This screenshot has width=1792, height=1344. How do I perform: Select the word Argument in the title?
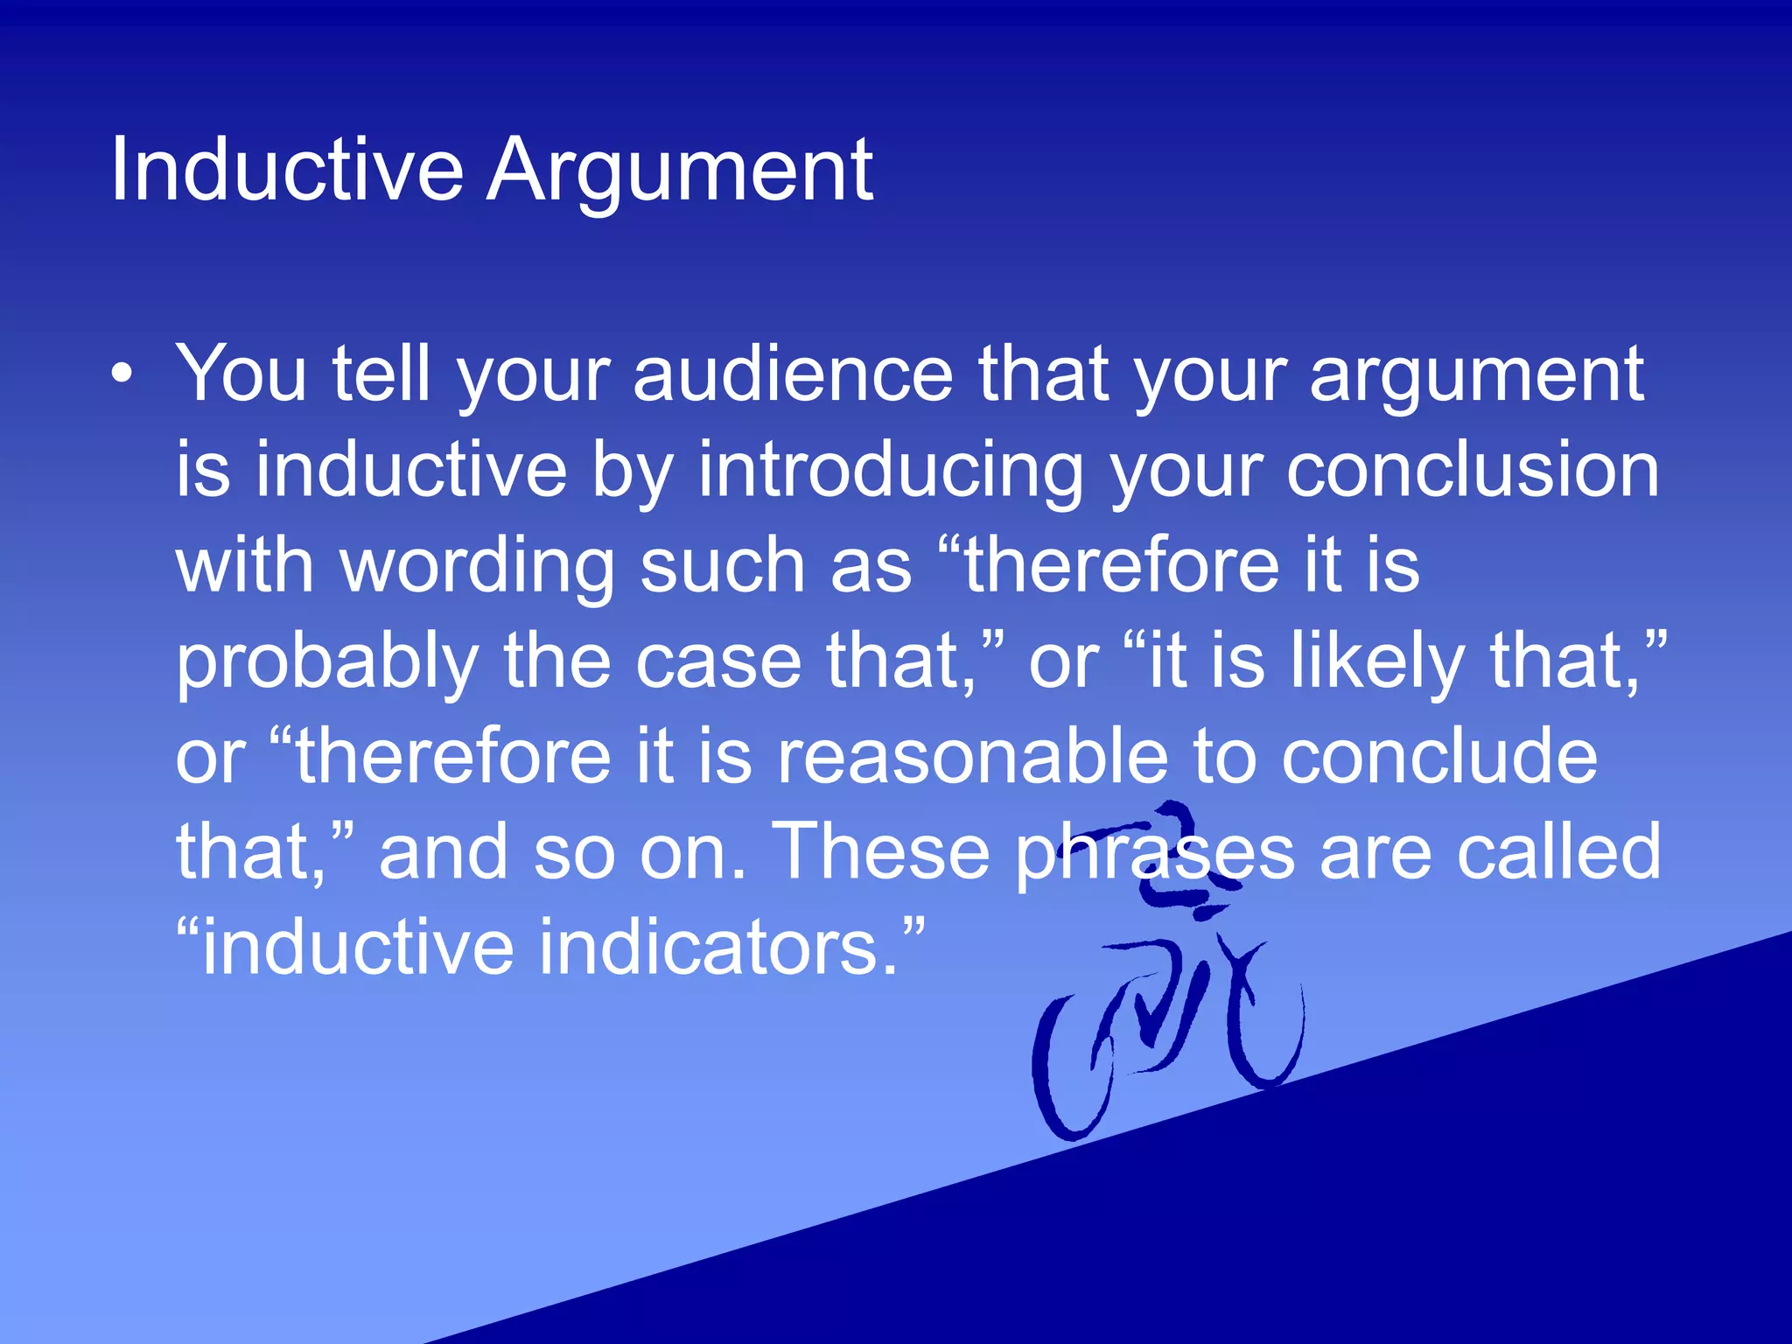pyautogui.click(x=680, y=171)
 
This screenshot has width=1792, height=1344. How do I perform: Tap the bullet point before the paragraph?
pyautogui.click(x=123, y=374)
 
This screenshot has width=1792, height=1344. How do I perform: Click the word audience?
pyautogui.click(x=792, y=374)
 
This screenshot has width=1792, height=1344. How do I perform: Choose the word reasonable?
pyautogui.click(x=972, y=757)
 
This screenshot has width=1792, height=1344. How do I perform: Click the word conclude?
pyautogui.click(x=1439, y=757)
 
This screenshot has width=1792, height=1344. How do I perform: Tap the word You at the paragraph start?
pyautogui.click(x=241, y=374)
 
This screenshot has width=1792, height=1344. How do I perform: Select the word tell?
pyautogui.click(x=381, y=374)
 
